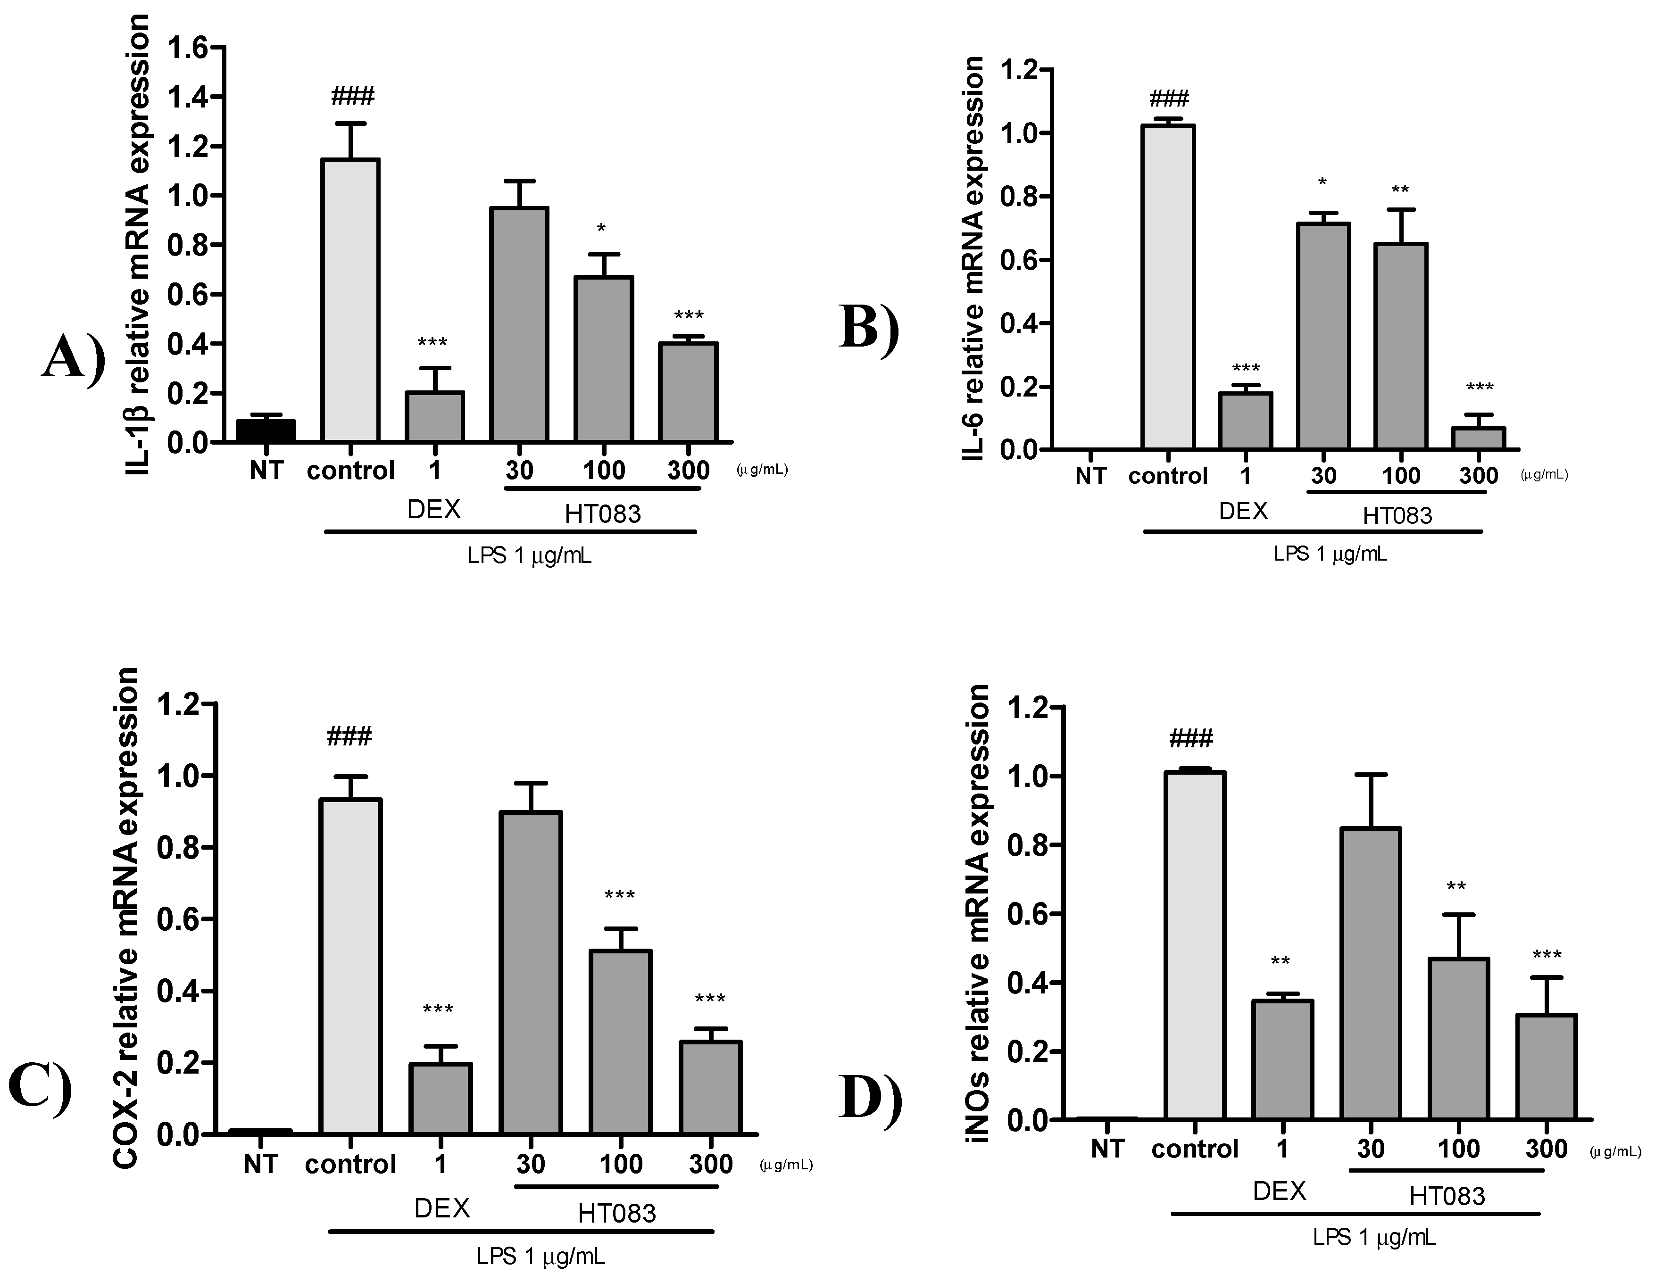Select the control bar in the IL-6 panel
1168,288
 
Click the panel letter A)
74,357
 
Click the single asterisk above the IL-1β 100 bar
601,229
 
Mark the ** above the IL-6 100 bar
1400,190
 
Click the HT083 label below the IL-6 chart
1397,516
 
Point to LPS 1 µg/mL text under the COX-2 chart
541,1256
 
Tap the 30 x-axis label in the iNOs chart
1370,1150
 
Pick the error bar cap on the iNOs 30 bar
1370,774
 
